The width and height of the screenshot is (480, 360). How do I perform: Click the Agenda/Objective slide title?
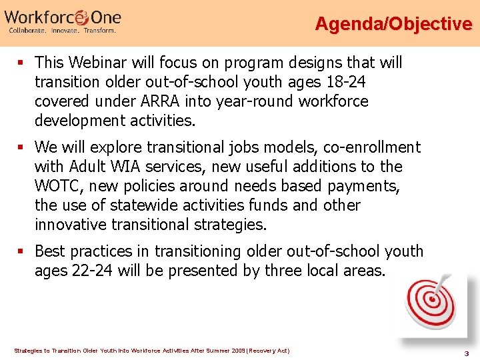pos(393,24)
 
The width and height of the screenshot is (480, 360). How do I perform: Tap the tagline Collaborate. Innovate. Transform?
pos(62,31)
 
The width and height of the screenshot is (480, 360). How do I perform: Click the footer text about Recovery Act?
pos(151,350)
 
